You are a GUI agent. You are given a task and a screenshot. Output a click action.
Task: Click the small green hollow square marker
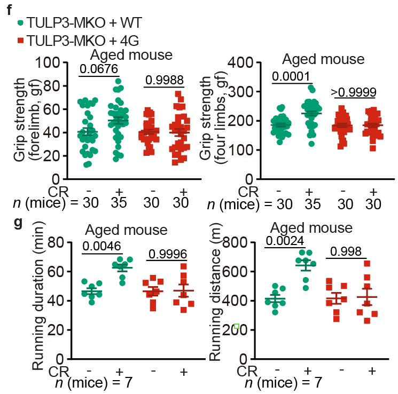236,326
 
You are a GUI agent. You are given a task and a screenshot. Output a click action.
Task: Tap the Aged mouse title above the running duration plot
127,231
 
